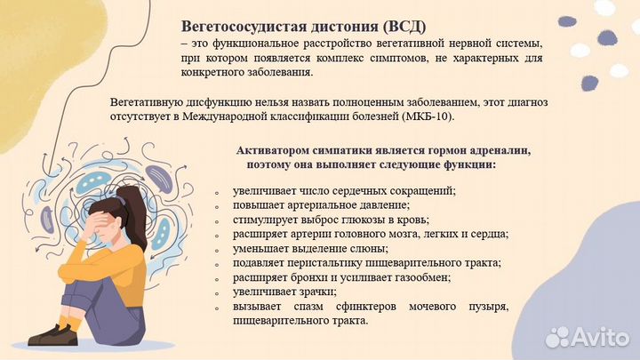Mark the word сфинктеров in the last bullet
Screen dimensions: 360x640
tap(349, 306)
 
